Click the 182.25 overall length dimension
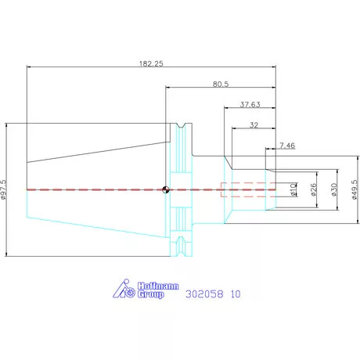tap(151, 63)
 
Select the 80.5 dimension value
tap(221, 84)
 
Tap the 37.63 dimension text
tap(250, 105)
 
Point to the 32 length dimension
tap(254, 125)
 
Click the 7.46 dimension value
tap(287, 146)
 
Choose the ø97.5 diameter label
tap(3, 189)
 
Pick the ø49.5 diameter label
tap(355, 189)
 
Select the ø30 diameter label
tap(334, 189)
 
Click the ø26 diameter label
tap(314, 189)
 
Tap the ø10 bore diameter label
tap(293, 189)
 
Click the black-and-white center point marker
tap(166, 189)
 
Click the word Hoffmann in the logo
tap(158, 286)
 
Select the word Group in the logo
tap(150, 294)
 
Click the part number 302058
tap(204, 294)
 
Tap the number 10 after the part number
tap(236, 294)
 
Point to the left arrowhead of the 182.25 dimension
tap(29, 67)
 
